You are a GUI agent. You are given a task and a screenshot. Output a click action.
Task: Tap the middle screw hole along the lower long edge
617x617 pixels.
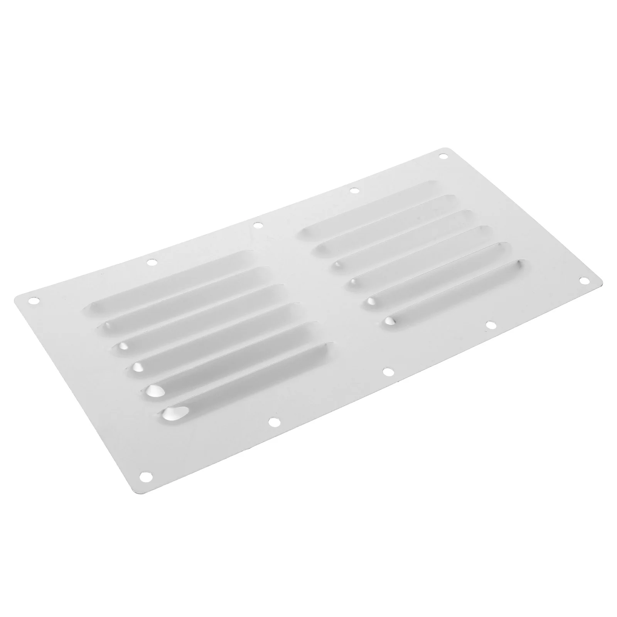pos(388,372)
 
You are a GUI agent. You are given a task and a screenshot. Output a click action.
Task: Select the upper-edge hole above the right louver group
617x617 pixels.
pos(354,190)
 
